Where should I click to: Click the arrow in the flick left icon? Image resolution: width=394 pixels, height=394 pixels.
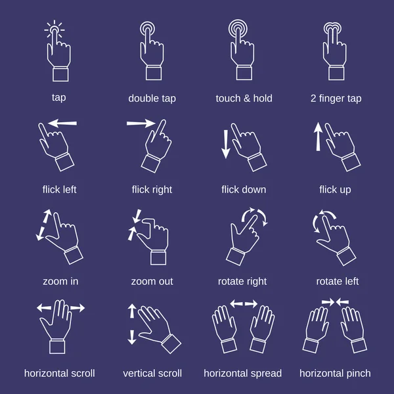tap(62, 123)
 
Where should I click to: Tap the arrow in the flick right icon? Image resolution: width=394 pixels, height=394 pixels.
tap(141, 123)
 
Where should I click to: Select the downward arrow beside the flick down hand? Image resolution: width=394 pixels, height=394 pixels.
tap(226, 144)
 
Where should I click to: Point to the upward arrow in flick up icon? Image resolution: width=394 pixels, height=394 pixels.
tap(318, 137)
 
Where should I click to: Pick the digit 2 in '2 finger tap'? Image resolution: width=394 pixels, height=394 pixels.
tap(313, 98)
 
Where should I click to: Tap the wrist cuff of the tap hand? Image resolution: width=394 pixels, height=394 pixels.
tap(60, 74)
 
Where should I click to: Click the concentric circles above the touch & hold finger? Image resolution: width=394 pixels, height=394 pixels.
tap(238, 28)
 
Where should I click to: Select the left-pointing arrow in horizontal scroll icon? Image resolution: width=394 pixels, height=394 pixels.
tap(44, 307)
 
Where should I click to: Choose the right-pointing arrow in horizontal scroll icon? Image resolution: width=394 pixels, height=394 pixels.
tap(77, 308)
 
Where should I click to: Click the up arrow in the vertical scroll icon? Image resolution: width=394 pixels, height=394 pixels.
tap(132, 311)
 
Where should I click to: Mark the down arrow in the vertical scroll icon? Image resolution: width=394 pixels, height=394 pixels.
tap(132, 337)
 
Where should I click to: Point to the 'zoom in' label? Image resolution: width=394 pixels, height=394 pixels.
tap(60, 282)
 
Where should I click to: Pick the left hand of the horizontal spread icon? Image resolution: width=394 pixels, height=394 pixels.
tap(225, 329)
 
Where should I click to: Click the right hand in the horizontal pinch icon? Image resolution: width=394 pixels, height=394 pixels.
tap(353, 330)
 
